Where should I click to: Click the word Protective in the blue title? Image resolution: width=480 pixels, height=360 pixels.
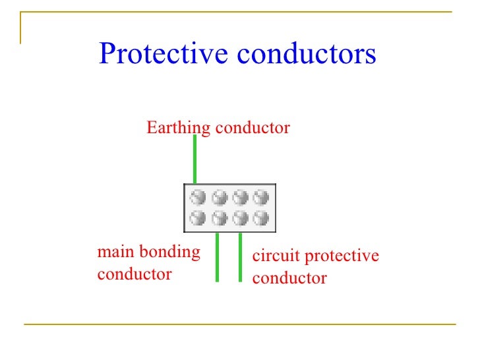click(x=164, y=55)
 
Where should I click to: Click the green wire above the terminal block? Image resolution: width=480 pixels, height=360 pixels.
click(x=195, y=158)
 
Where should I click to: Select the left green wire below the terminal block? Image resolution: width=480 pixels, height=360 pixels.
click(x=217, y=257)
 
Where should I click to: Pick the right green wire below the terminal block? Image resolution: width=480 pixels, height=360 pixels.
click(x=241, y=257)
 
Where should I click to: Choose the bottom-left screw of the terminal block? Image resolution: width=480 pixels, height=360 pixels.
click(x=198, y=218)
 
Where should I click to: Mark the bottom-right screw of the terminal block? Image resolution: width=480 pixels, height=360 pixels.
click(x=262, y=218)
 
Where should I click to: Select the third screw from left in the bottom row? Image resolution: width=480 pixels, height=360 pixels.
click(x=241, y=218)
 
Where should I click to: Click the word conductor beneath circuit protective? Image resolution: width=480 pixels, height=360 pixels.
click(x=289, y=278)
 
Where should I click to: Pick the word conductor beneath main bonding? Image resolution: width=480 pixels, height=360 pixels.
click(x=135, y=274)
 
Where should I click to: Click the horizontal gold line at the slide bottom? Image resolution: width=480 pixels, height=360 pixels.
click(x=240, y=324)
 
